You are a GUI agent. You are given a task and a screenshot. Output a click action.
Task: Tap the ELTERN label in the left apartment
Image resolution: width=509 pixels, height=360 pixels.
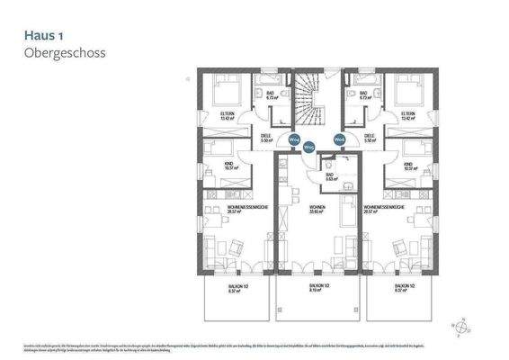coord(228,115)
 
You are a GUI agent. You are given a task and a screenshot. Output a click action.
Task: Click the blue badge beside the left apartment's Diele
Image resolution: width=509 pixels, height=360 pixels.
coord(293,140)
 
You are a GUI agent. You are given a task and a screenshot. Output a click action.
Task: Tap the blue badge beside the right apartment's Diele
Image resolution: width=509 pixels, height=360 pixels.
coord(339,140)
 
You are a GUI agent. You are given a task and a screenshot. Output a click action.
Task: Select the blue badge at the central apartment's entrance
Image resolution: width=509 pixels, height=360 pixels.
coord(308,147)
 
